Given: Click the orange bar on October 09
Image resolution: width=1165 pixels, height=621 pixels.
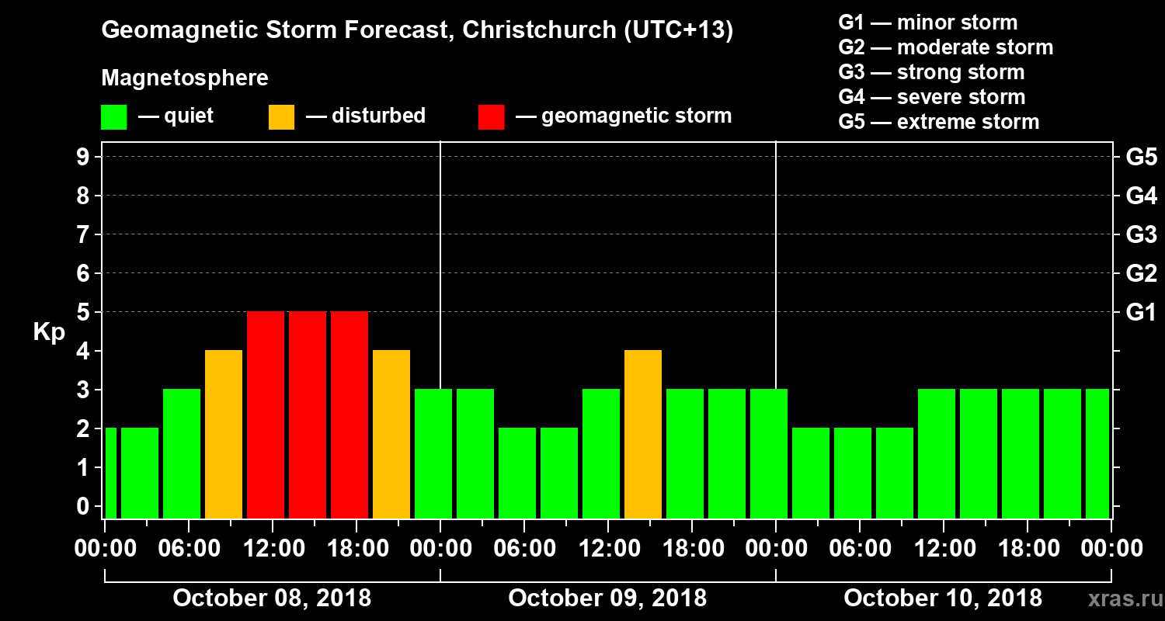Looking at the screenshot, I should [x=643, y=435].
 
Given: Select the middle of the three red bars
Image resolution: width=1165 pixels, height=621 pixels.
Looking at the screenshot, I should [x=308, y=415].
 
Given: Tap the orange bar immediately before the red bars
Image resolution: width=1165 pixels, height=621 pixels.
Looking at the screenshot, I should [x=224, y=435].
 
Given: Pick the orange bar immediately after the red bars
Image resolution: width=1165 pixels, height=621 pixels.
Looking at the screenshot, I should [x=391, y=435].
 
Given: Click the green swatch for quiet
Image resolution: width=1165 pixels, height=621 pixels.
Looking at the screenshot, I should [x=113, y=117].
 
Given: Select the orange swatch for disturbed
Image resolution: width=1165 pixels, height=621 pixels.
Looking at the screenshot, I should [x=281, y=117].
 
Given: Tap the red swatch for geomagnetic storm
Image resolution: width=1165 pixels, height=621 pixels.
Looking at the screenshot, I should [x=491, y=117].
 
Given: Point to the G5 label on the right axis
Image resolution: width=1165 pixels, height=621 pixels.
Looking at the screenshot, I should [x=1141, y=158].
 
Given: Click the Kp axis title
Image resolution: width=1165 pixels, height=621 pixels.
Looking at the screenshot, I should [x=49, y=332].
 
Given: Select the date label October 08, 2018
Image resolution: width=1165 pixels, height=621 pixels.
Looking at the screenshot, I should [x=272, y=598].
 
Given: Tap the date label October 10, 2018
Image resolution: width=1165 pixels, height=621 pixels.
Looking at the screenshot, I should [x=943, y=598].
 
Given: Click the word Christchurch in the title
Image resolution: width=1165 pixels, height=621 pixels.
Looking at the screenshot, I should [x=530, y=31].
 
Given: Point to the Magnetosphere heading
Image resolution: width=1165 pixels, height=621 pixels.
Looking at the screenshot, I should [x=185, y=78].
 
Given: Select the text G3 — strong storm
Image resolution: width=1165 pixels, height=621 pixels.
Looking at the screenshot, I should [x=931, y=72].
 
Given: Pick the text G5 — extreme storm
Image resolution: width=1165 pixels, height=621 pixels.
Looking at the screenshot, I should [x=938, y=122].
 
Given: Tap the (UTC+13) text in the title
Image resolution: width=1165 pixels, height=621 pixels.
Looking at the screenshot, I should [x=678, y=31].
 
